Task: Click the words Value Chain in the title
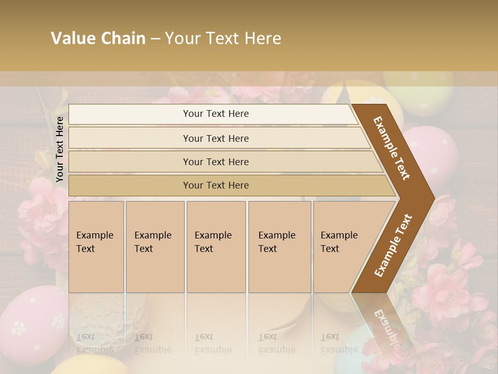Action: [98, 38]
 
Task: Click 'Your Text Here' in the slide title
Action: [223, 38]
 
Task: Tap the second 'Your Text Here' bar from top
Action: [216, 138]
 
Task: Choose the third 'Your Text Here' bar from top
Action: [216, 162]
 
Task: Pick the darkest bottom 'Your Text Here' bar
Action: [216, 185]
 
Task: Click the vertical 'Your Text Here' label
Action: [60, 149]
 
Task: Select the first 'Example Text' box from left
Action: [96, 246]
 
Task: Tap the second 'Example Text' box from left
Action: [155, 246]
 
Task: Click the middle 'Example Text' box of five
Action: [216, 246]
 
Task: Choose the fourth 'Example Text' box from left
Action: [279, 246]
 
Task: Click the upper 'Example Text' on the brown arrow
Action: [392, 148]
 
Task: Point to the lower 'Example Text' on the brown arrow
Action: [393, 246]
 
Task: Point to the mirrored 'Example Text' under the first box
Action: [94, 343]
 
